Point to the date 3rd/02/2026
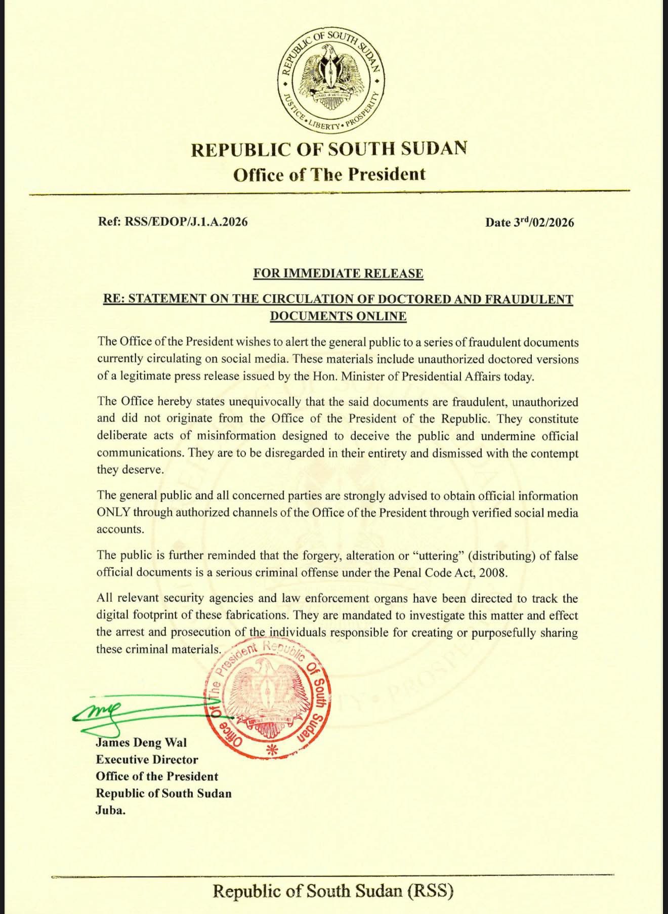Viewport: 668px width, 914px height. click(x=544, y=223)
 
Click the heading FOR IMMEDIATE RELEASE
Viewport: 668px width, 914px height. click(x=338, y=274)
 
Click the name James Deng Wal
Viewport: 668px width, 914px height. click(x=141, y=743)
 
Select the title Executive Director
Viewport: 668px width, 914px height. click(x=147, y=760)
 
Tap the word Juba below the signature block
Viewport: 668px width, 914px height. click(x=110, y=810)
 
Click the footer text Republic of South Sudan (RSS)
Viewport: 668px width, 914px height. click(x=332, y=891)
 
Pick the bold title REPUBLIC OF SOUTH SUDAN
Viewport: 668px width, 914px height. click(x=329, y=149)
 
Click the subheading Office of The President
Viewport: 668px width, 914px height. click(x=329, y=175)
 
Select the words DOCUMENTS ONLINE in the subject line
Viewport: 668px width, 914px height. click(x=338, y=316)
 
